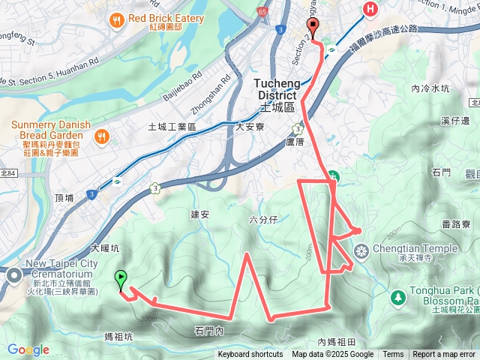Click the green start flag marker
[x=121, y=280]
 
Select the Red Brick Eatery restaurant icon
[x=116, y=22]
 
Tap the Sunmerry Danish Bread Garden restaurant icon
[x=102, y=136]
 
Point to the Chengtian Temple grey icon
[x=361, y=250]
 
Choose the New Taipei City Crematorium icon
[x=14, y=276]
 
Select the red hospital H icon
[x=369, y=9]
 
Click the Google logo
[x=28, y=349]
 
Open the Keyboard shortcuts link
[x=250, y=355]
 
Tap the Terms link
[x=393, y=355]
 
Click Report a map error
[x=445, y=355]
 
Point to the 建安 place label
[x=200, y=214]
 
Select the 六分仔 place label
[x=263, y=219]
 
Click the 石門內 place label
[x=209, y=331]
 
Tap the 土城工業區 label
[x=172, y=127]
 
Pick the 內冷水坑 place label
[x=430, y=88]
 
